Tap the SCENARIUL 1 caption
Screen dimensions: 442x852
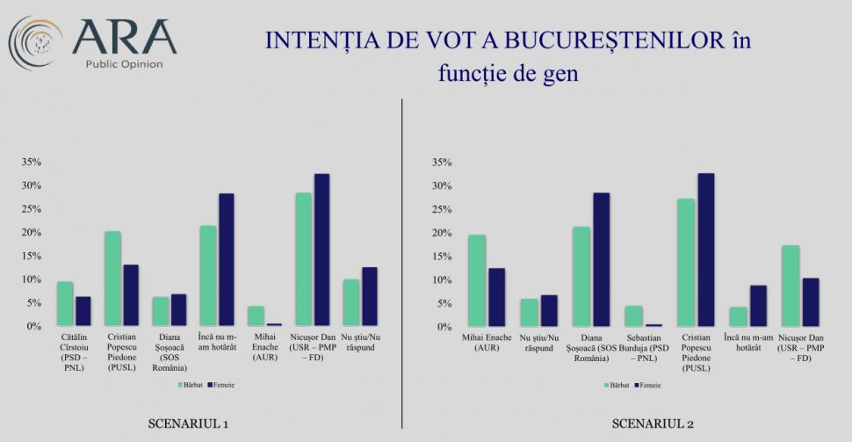point(188,425)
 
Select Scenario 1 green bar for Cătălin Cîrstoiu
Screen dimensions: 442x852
point(65,304)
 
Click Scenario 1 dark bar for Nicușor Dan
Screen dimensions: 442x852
point(321,250)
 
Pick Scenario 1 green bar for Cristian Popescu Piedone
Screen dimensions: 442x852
point(112,279)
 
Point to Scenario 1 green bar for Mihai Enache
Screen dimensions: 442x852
point(255,316)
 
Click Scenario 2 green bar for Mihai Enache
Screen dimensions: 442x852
point(477,281)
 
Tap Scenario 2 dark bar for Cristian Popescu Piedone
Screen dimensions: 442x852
point(705,250)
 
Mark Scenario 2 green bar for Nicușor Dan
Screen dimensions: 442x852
point(791,286)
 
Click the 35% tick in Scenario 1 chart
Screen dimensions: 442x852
point(32,163)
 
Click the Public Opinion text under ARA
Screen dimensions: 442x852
point(124,64)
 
